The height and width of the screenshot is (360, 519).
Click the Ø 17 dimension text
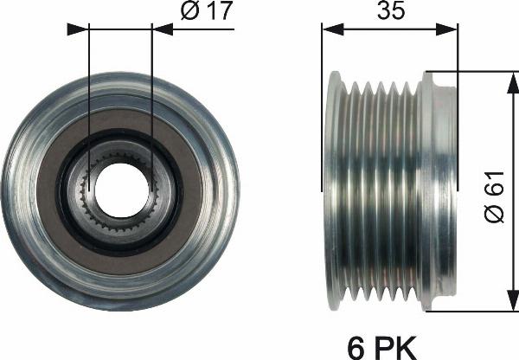click(x=204, y=13)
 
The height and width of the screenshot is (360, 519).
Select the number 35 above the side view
click(x=390, y=13)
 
